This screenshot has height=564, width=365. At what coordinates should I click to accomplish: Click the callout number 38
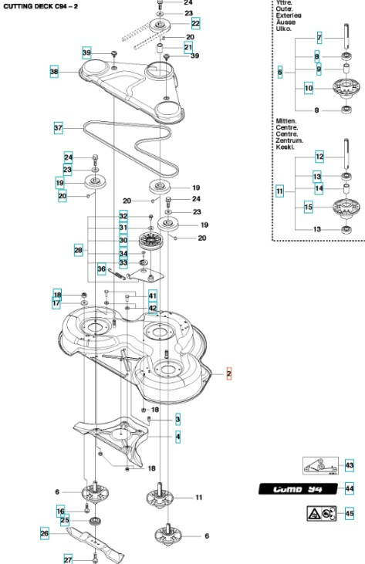pyautogui.click(x=54, y=72)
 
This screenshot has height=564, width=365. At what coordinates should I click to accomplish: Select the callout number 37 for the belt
pyautogui.click(x=58, y=127)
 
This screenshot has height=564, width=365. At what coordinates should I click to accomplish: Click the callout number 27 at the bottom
pyautogui.click(x=67, y=559)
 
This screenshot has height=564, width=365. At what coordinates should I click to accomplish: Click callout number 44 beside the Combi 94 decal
pyautogui.click(x=349, y=488)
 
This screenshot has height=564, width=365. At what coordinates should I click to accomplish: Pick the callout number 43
pyautogui.click(x=349, y=465)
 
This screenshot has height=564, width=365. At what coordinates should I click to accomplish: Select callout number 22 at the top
pyautogui.click(x=195, y=24)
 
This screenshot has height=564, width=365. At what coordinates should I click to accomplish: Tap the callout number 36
pyautogui.click(x=101, y=268)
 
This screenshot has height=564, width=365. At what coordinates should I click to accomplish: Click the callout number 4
pyautogui.click(x=177, y=437)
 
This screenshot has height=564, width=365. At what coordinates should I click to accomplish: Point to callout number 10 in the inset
pyautogui.click(x=308, y=89)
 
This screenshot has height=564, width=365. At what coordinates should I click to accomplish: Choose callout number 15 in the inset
pyautogui.click(x=308, y=207)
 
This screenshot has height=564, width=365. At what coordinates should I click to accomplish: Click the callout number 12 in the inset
pyautogui.click(x=318, y=157)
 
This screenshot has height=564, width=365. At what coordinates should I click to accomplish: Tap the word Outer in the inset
pyautogui.click(x=284, y=10)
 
